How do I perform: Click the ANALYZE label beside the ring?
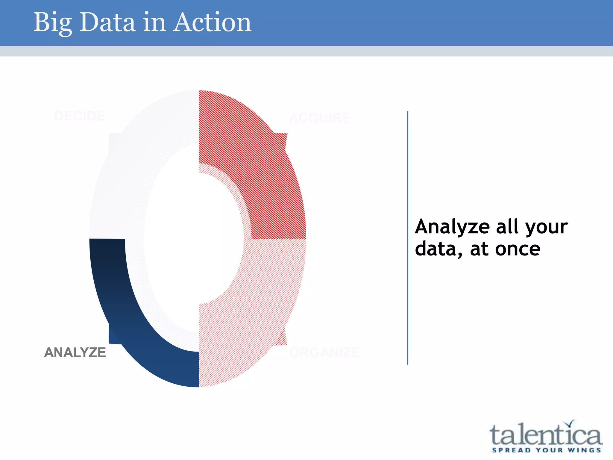[x=75, y=352]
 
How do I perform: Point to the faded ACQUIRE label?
[x=320, y=118]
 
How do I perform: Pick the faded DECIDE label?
[x=80, y=116]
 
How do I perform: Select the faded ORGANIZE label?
[x=324, y=352]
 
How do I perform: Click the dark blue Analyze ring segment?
[x=126, y=323]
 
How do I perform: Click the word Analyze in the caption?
[x=452, y=227]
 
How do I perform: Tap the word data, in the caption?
[x=439, y=249]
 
